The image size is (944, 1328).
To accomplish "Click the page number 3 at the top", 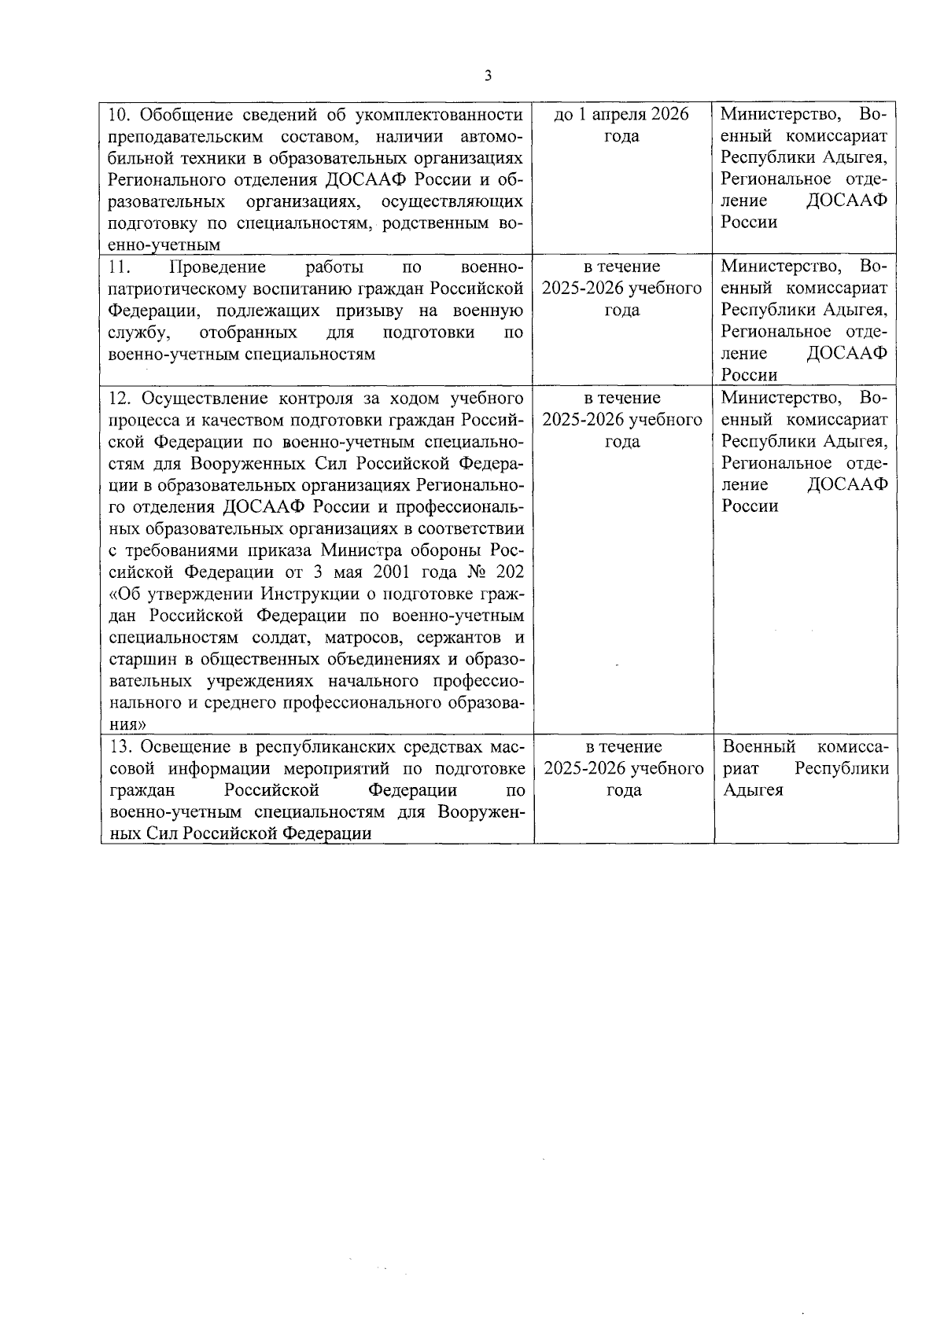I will pos(489,75).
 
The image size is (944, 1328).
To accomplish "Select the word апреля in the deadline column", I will pos(619,115).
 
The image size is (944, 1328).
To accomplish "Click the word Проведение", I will pos(218,267).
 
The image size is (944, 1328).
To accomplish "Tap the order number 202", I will pos(508,570).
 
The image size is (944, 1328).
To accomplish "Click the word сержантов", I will pos(453,635).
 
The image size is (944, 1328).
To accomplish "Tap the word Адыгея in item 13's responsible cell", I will pos(753,789).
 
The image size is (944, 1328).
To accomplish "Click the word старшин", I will pos(140,657).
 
